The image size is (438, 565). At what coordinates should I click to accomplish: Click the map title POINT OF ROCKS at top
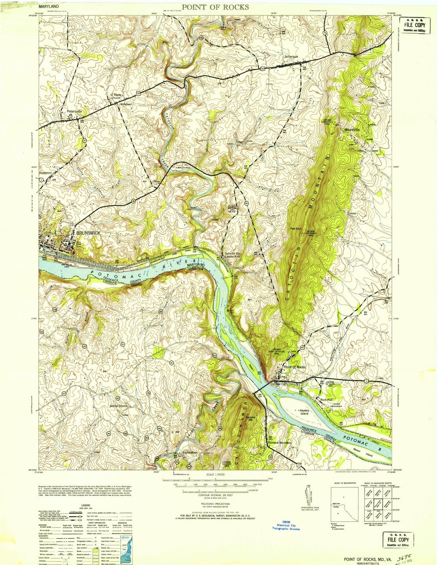(x=216, y=7)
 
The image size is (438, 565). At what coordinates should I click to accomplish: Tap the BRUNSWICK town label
(x=88, y=233)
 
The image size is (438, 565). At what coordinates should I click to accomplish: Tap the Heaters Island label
(x=304, y=412)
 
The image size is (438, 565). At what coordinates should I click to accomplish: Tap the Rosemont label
(x=45, y=173)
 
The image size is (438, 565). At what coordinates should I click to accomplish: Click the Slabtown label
(x=125, y=104)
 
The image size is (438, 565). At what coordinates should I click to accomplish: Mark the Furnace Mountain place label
(x=279, y=443)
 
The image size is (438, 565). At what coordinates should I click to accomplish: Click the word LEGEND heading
(x=86, y=505)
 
